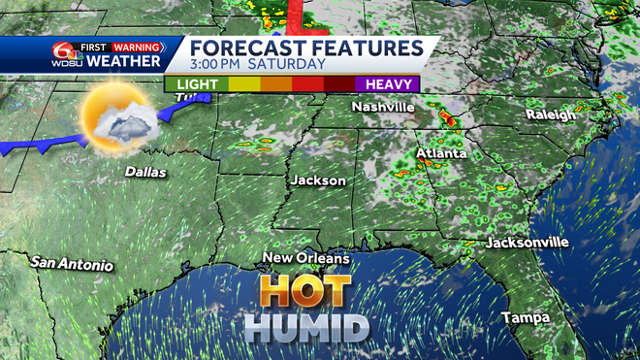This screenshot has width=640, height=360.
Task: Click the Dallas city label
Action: coord(145,173)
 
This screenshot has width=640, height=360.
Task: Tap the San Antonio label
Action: coord(72,264)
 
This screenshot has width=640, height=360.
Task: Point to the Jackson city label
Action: coord(317,181)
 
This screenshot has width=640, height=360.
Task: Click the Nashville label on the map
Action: coord(383,106)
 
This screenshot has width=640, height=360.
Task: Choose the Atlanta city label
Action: coord(441,153)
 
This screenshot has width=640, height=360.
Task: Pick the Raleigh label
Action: coord(550,115)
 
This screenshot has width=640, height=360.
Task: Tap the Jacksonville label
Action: coord(527,243)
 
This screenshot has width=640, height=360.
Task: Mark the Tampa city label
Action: coord(526,318)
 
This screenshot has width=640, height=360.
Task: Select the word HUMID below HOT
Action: coord(305,328)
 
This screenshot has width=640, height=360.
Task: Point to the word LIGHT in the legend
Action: coord(197,84)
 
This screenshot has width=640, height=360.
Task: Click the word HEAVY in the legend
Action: coord(390,84)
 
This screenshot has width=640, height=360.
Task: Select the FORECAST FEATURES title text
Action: coord(305,48)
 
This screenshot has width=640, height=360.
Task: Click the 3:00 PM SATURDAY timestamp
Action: coord(258,64)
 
